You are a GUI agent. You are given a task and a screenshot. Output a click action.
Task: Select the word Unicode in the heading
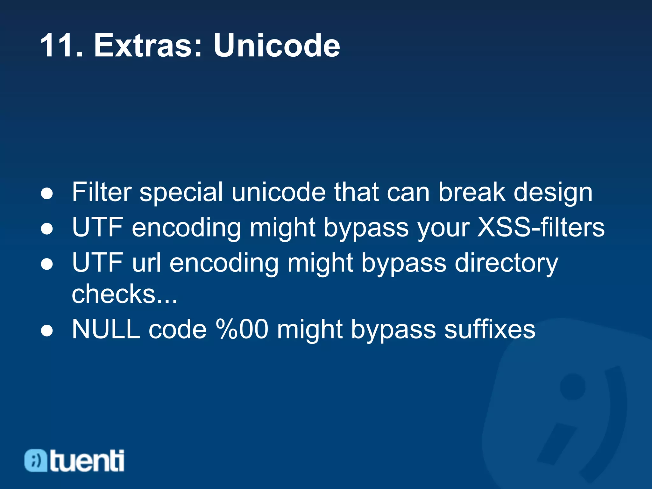(x=276, y=46)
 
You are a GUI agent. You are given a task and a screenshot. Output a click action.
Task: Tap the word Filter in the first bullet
(x=102, y=192)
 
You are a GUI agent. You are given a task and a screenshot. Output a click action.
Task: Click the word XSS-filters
(x=541, y=227)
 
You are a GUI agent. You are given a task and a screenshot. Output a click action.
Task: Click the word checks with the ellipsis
(x=124, y=294)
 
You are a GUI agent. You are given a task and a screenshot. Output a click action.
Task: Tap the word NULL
(x=106, y=329)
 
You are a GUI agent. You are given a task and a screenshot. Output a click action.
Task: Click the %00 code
(x=242, y=329)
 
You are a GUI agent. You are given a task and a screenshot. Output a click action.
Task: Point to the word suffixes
(x=490, y=329)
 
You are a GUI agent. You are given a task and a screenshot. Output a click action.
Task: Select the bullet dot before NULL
(x=47, y=330)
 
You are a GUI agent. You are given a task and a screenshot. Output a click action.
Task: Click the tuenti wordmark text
(x=87, y=461)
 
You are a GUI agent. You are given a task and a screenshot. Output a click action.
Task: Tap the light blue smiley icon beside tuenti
(x=36, y=460)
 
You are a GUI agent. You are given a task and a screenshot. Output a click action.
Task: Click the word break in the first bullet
(x=472, y=192)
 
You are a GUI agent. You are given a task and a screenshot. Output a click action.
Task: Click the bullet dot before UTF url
(x=47, y=264)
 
